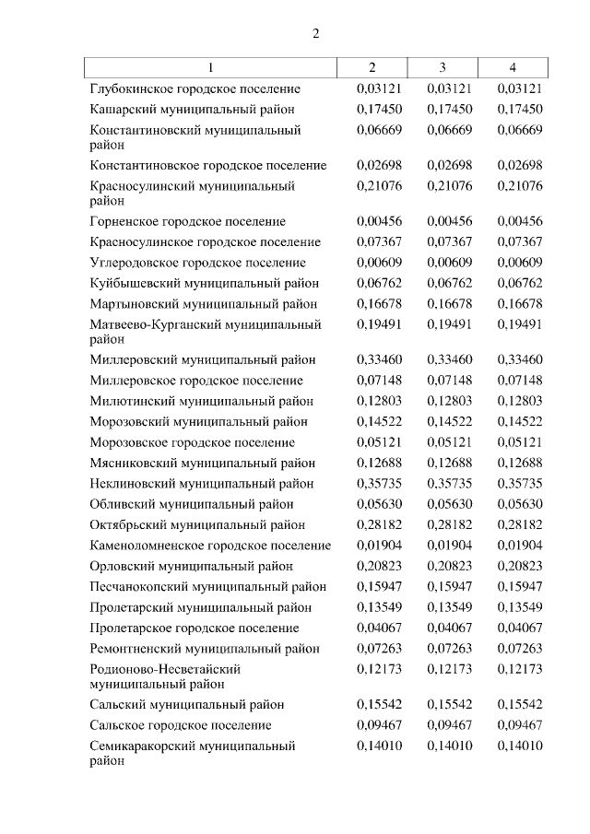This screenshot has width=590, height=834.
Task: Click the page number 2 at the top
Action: point(315,34)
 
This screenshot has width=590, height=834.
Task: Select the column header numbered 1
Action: point(210,67)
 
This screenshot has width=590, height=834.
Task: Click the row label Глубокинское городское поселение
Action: point(195,88)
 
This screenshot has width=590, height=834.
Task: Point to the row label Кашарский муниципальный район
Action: point(193,109)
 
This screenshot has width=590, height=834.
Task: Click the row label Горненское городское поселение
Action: point(188,221)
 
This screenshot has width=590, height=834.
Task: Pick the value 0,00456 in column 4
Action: point(519,221)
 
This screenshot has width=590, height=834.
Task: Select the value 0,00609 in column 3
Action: point(449,262)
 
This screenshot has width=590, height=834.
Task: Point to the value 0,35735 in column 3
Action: point(449,483)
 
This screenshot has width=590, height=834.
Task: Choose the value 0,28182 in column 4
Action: point(519,524)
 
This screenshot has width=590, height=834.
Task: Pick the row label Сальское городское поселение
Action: point(181,724)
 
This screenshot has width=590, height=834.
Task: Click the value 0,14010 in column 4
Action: point(519,746)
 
